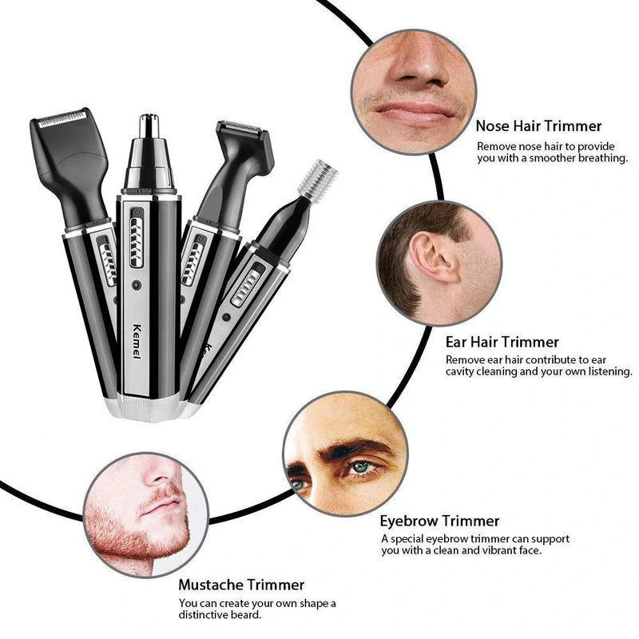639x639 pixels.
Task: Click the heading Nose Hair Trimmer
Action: pyautogui.click(x=538, y=125)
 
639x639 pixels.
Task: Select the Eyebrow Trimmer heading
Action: pyautogui.click(x=439, y=522)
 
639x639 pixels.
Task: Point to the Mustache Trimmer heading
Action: pyautogui.click(x=241, y=585)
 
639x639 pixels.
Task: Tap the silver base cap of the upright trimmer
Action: pyautogui.click(x=148, y=407)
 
